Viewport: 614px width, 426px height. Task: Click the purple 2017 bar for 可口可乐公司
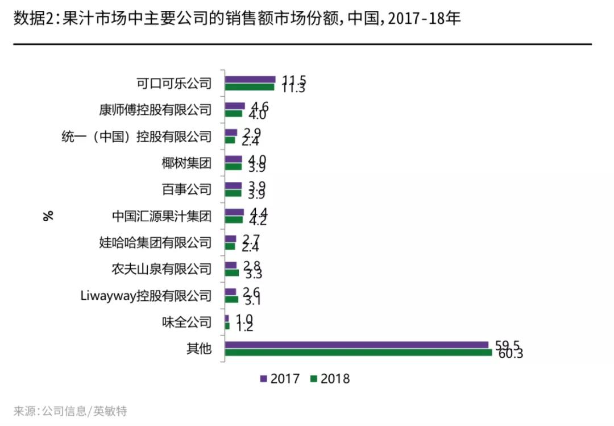pos(250,80)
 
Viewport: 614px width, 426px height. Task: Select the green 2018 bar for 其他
pos(358,353)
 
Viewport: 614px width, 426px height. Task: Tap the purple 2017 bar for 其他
pos(356,345)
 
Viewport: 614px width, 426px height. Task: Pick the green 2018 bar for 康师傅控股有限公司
pos(234,113)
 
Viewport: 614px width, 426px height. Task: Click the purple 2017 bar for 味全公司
pos(227,319)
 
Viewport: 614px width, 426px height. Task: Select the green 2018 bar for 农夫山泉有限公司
pos(232,273)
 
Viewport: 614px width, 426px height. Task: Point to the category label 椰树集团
pos(186,163)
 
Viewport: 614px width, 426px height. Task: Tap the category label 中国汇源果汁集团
pos(162,216)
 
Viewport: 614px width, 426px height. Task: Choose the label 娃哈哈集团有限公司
pos(155,243)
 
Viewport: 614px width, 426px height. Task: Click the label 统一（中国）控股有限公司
pos(136,137)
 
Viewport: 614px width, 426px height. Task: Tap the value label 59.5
pos(506,344)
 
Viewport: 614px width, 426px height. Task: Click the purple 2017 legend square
pos(263,378)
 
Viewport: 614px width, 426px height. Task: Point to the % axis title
pos(48,216)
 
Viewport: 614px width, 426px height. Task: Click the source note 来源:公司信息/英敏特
pos(70,411)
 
